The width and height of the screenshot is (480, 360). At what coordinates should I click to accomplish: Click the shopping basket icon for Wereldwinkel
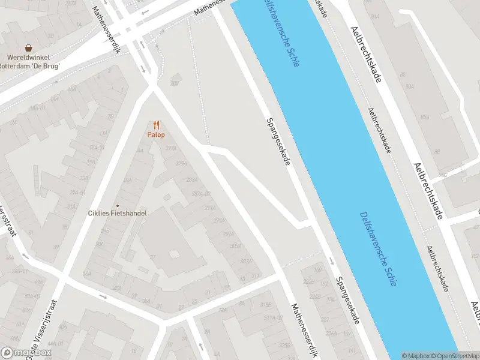(28, 48)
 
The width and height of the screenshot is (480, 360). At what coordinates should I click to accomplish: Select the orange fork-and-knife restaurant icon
(156, 125)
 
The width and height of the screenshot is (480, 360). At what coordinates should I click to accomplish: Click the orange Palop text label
(156, 135)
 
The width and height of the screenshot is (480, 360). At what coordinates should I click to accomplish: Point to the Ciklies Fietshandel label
(118, 212)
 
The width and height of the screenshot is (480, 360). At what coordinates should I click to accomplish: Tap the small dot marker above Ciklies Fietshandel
(118, 205)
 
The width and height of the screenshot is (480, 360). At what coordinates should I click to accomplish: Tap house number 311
(256, 276)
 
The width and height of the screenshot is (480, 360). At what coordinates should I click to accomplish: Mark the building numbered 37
(154, 257)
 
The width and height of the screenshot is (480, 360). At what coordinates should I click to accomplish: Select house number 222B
(309, 281)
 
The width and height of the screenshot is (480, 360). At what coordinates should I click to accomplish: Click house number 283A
(192, 180)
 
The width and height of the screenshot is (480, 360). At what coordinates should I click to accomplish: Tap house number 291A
(210, 208)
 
